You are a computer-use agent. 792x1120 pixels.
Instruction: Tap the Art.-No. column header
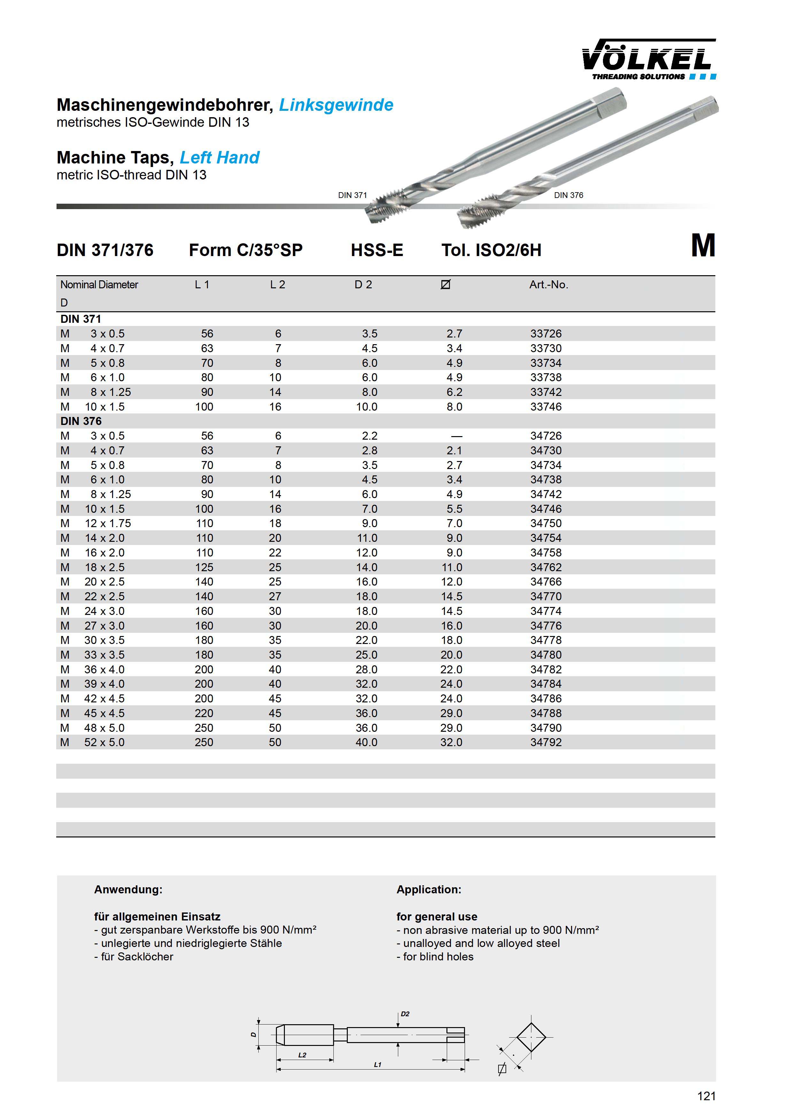(549, 284)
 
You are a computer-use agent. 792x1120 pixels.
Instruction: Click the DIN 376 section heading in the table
(81, 421)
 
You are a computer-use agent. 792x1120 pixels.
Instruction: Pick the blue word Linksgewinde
(336, 105)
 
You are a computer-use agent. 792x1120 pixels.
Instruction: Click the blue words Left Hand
(220, 158)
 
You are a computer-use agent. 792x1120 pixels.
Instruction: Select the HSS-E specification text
(377, 250)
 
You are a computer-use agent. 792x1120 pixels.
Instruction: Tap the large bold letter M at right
(703, 246)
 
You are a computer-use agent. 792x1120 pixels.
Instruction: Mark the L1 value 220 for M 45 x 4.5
(204, 713)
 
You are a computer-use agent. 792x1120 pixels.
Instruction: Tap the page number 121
(706, 1096)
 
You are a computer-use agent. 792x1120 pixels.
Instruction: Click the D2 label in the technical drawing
(405, 1014)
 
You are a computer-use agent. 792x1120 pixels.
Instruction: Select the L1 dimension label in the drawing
(377, 1065)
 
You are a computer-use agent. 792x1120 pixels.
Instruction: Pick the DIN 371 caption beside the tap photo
(352, 195)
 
